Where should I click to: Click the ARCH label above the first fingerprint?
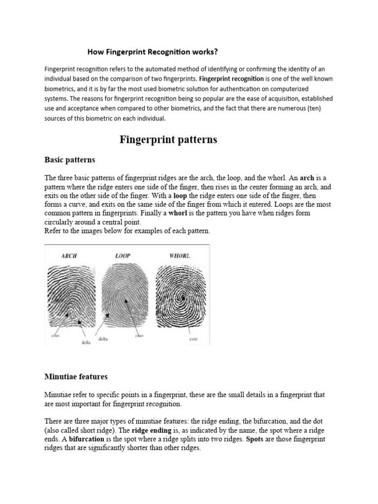click(x=69, y=256)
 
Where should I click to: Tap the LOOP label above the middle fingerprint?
click(x=122, y=256)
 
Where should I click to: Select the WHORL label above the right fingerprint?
click(x=179, y=256)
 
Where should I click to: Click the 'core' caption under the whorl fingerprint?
click(x=193, y=339)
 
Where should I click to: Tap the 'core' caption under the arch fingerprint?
click(x=55, y=336)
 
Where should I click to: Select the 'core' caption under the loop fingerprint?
click(x=139, y=336)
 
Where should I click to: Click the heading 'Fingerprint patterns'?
click(x=168, y=140)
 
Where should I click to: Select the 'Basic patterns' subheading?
click(x=69, y=160)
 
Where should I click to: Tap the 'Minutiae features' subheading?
click(x=76, y=377)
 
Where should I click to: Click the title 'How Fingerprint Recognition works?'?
click(x=153, y=51)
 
